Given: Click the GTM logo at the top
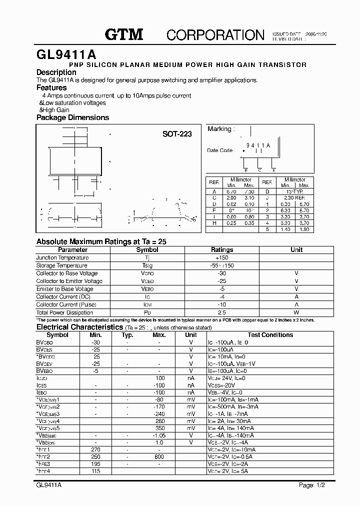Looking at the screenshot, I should (x=124, y=34).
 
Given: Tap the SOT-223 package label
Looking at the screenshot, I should (x=176, y=134).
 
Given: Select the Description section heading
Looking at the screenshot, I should (x=56, y=72).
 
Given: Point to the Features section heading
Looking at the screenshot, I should (x=51, y=87).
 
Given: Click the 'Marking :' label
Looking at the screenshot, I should (x=220, y=129).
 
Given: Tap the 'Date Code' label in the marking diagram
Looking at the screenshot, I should (x=219, y=150).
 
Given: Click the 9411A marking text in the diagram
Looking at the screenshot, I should (x=258, y=145).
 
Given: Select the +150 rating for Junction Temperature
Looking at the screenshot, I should (x=222, y=257).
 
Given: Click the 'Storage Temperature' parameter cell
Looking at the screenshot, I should (x=61, y=265).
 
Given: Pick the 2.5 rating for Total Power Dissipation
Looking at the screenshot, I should (x=222, y=312).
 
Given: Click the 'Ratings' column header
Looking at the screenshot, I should (x=222, y=249).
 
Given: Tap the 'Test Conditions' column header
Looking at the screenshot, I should (x=270, y=335).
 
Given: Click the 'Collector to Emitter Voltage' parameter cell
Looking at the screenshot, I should (x=69, y=281).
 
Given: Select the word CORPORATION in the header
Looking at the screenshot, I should (x=215, y=34).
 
